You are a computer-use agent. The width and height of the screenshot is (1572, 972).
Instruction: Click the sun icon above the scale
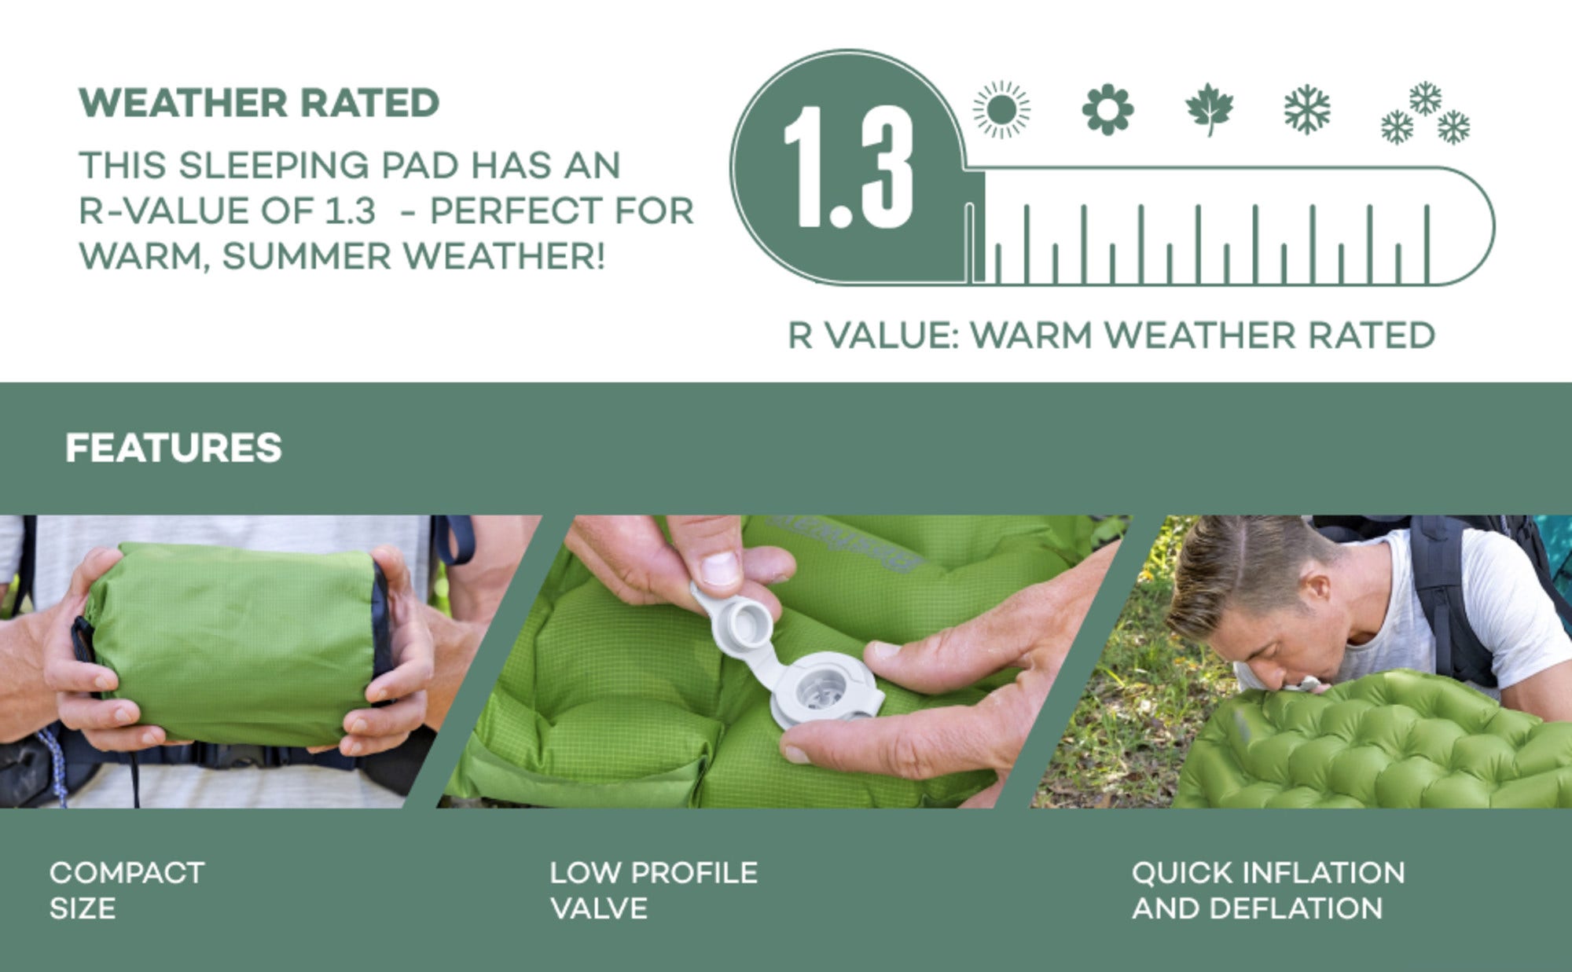pyautogui.click(x=1001, y=109)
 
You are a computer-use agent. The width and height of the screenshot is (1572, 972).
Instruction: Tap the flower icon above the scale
pyautogui.click(x=1107, y=109)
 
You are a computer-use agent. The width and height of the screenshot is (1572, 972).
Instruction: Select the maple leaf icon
pyautogui.click(x=1210, y=109)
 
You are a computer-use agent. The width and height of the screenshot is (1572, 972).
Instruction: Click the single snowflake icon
pyautogui.click(x=1307, y=109)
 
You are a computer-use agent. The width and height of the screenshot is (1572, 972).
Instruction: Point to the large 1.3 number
pyautogui.click(x=849, y=167)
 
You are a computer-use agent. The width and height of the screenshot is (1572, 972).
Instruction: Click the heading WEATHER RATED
pyautogui.click(x=259, y=103)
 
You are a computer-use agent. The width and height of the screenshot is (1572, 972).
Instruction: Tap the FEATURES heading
pyautogui.click(x=173, y=448)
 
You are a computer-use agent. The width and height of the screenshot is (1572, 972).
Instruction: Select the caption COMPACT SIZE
pyautogui.click(x=127, y=890)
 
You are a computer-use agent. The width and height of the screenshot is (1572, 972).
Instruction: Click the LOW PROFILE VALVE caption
pyautogui.click(x=653, y=890)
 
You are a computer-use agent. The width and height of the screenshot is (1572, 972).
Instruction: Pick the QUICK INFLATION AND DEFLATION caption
pyautogui.click(x=1268, y=890)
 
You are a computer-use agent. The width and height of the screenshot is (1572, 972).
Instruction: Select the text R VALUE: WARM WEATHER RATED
pyautogui.click(x=1111, y=336)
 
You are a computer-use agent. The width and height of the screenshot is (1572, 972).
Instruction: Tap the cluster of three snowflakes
pyautogui.click(x=1425, y=113)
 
